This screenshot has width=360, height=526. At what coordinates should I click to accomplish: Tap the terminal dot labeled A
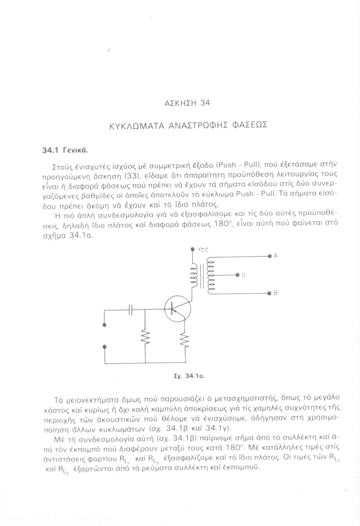tap(270, 255)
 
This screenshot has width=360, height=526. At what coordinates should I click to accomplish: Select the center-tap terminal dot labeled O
tap(237, 274)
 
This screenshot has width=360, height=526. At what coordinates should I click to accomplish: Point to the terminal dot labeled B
tap(270, 292)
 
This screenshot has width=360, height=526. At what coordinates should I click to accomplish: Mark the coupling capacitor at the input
tap(131, 309)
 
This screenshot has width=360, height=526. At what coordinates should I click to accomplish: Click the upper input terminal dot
tap(104, 325)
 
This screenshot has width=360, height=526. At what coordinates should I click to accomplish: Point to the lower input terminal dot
tap(104, 346)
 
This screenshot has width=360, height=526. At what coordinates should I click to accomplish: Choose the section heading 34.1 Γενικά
tap(64, 150)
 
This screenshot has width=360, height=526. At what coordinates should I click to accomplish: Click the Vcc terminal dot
tap(192, 249)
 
